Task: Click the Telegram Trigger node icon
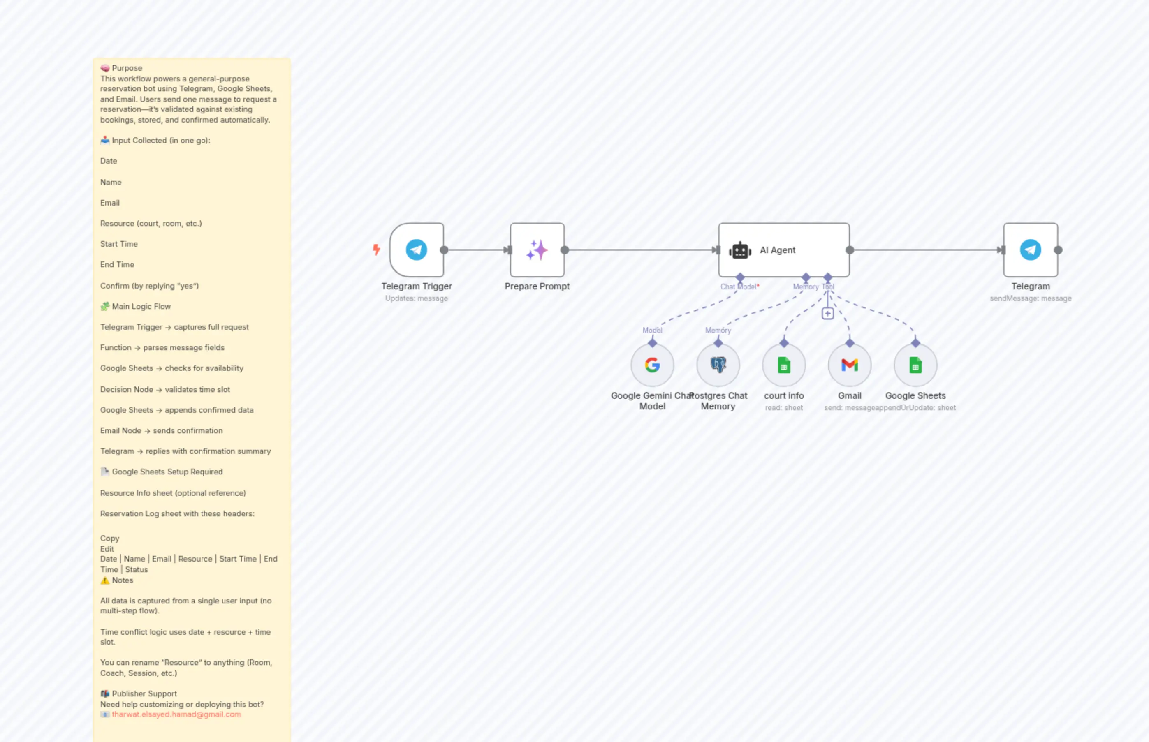click(417, 250)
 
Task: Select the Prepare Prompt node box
click(537, 250)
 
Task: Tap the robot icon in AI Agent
click(740, 250)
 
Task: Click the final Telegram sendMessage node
click(1031, 250)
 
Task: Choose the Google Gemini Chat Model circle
click(652, 365)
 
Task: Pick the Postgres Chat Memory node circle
click(718, 365)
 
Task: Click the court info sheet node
click(784, 365)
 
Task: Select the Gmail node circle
click(849, 365)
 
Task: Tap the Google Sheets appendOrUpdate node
click(915, 365)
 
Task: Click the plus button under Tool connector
click(827, 314)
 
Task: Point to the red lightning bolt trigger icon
click(376, 249)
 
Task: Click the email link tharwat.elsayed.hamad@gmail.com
click(176, 714)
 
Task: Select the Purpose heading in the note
click(127, 68)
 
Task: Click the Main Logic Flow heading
click(141, 306)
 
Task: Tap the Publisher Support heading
click(144, 693)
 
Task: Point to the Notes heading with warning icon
click(122, 580)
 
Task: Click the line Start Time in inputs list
click(119, 244)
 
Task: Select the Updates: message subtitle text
click(417, 298)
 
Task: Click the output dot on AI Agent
click(850, 250)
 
